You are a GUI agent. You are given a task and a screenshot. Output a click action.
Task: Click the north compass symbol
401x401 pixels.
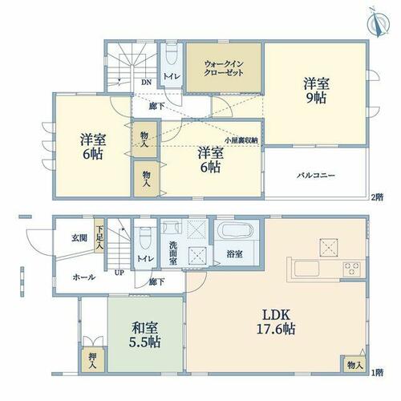click(379, 22)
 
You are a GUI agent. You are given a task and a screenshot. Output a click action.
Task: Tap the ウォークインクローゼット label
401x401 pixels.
click(224, 68)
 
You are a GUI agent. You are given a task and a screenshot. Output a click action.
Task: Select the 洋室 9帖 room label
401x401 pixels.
click(316, 91)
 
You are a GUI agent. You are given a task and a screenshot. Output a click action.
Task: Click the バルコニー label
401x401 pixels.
click(316, 176)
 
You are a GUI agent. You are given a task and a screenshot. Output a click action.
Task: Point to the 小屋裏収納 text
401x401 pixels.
click(241, 140)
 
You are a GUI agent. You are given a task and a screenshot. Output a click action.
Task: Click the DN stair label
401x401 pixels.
click(146, 83)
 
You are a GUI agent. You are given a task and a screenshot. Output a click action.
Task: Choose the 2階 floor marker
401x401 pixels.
click(377, 197)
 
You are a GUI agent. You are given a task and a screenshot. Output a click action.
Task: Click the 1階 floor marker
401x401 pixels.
click(377, 372)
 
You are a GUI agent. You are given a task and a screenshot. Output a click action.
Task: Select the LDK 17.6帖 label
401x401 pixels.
click(276, 322)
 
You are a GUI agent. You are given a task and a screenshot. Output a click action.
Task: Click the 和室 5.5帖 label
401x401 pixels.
click(144, 334)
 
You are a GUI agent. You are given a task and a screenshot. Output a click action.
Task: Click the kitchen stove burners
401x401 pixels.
click(351, 269)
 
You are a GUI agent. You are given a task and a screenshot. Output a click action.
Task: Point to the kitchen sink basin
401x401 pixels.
click(306, 269)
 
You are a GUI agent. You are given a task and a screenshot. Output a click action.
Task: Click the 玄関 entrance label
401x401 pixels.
click(79, 238)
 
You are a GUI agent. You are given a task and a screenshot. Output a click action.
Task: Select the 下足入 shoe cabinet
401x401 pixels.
click(99, 236)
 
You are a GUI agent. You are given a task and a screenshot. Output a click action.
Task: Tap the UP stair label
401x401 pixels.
click(119, 273)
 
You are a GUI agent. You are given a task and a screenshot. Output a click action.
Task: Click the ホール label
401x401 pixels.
click(84, 277)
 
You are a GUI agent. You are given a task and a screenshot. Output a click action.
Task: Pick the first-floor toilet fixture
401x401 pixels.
click(146, 238)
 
